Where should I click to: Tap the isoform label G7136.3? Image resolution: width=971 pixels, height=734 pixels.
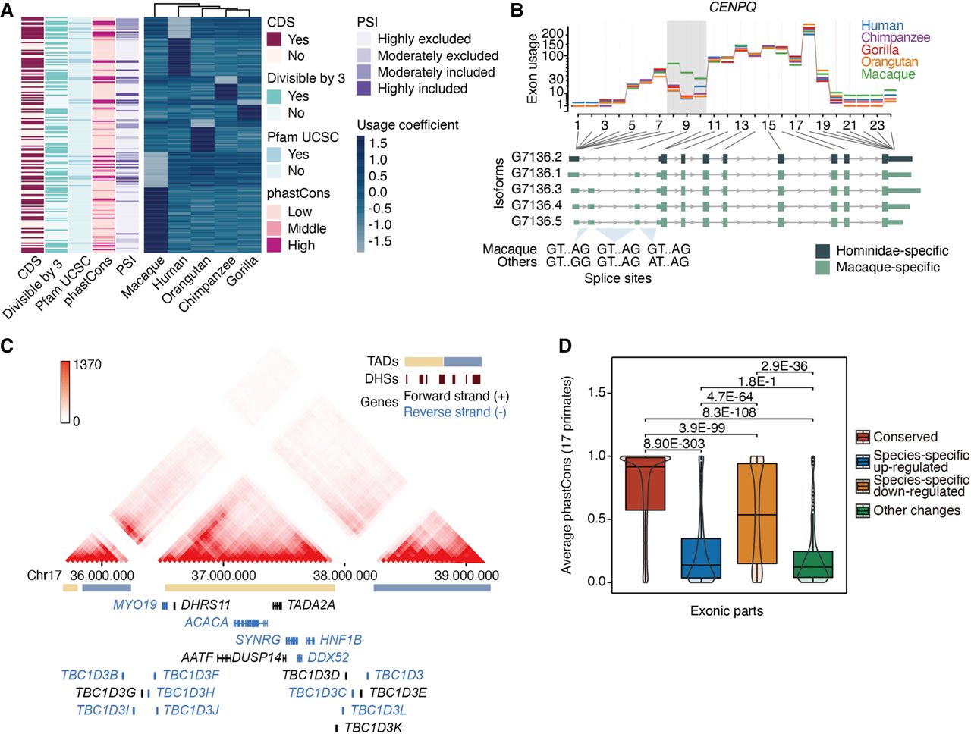pyautogui.click(x=536, y=190)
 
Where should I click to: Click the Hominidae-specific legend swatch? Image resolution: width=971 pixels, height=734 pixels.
pyautogui.click(x=822, y=251)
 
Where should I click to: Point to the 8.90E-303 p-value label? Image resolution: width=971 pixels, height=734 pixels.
pyautogui.click(x=674, y=444)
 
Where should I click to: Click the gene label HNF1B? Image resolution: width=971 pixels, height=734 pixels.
pyautogui.click(x=341, y=640)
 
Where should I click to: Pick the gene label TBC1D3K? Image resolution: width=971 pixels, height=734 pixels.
pyautogui.click(x=372, y=728)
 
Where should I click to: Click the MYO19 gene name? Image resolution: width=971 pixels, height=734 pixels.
pyautogui.click(x=134, y=604)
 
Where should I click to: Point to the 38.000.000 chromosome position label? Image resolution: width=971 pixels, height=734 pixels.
pyautogui.click(x=347, y=576)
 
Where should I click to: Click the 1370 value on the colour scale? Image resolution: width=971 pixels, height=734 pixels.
pyautogui.click(x=87, y=365)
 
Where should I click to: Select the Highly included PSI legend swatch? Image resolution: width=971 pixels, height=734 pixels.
pyautogui.click(x=365, y=89)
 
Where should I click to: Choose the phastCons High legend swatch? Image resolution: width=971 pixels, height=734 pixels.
pyautogui.click(x=275, y=245)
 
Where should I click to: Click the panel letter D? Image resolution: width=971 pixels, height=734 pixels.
pyautogui.click(x=565, y=346)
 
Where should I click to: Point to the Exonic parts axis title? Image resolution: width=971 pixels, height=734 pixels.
pyautogui.click(x=726, y=610)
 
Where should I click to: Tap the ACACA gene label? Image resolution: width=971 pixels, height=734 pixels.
pyautogui.click(x=206, y=623)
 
